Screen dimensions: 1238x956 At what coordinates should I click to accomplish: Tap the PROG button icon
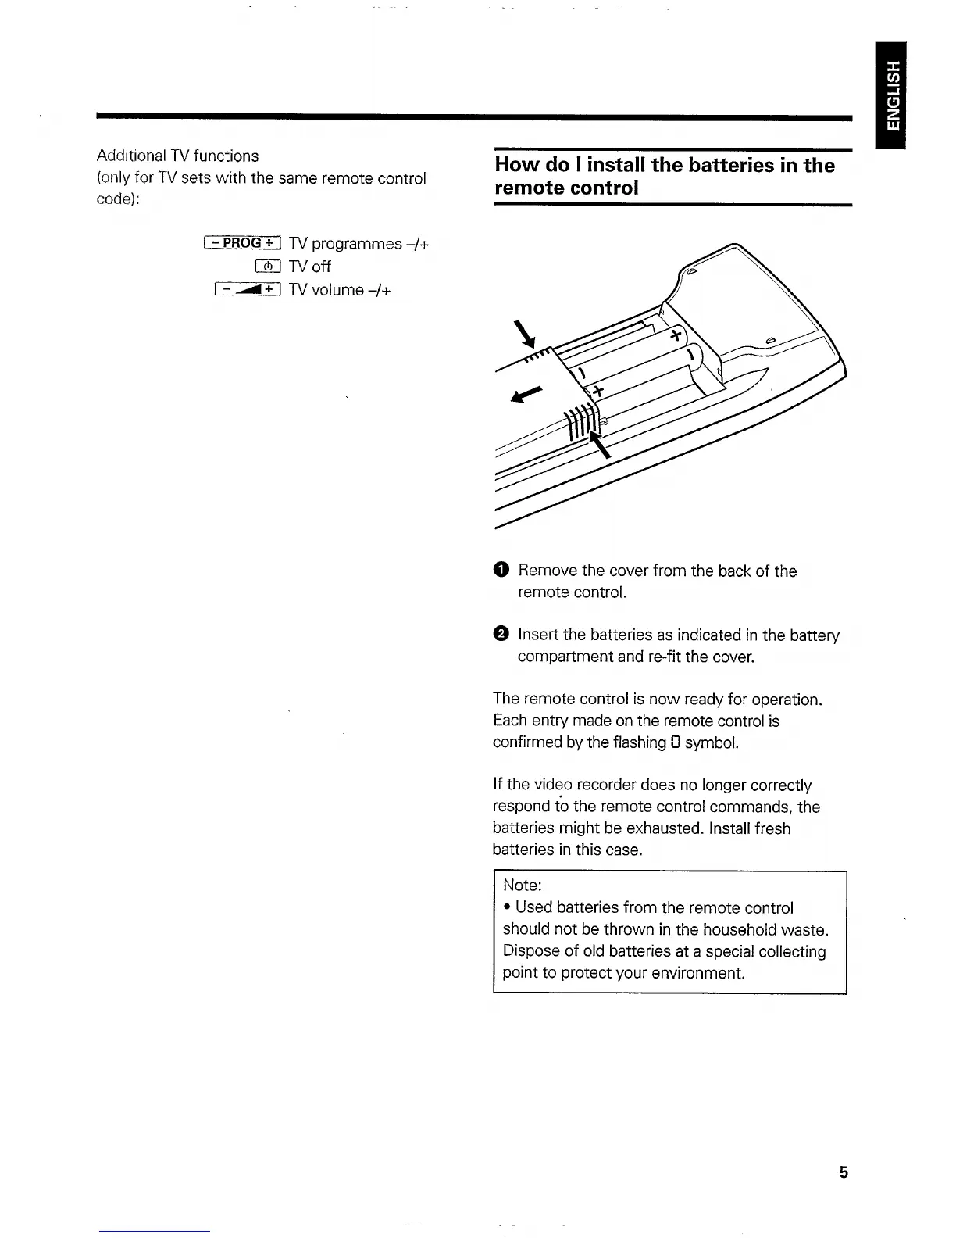click(x=241, y=243)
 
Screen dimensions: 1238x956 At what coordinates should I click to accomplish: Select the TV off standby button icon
click(x=268, y=267)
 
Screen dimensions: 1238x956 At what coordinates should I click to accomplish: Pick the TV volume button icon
click(x=247, y=290)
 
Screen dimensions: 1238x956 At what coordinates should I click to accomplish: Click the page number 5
click(x=843, y=1172)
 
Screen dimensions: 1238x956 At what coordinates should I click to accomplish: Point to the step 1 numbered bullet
click(x=501, y=571)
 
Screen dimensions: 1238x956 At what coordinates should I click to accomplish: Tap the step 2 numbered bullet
click(x=501, y=635)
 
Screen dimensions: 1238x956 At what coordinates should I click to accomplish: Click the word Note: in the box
click(x=523, y=886)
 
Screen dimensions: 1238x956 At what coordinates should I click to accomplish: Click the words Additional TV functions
click(x=177, y=156)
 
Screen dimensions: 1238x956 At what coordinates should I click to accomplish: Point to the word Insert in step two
click(x=538, y=635)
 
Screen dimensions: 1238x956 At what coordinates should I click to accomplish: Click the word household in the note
click(x=746, y=929)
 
